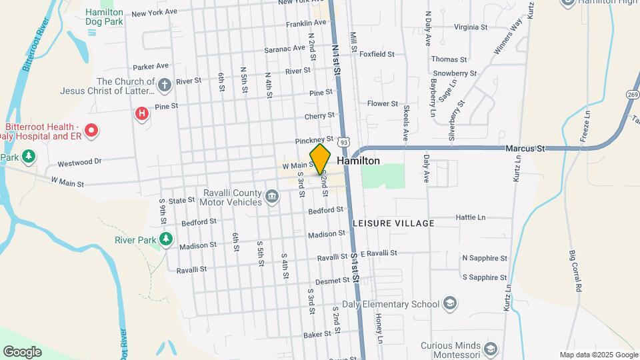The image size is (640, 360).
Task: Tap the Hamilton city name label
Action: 359,161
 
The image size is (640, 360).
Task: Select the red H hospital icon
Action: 141,114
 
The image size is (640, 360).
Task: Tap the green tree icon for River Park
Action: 166,239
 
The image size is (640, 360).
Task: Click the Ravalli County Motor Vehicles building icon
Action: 271,196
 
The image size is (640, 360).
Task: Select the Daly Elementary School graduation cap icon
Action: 450,304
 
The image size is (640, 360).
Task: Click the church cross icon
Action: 165,85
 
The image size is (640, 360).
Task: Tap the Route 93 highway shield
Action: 343,142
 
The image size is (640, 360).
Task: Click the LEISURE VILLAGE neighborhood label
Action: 393,223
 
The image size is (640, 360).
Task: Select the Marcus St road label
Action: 525,148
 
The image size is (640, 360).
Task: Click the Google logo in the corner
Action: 22,351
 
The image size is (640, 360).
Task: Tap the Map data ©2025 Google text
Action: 599,355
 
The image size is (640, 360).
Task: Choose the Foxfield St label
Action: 377,54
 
